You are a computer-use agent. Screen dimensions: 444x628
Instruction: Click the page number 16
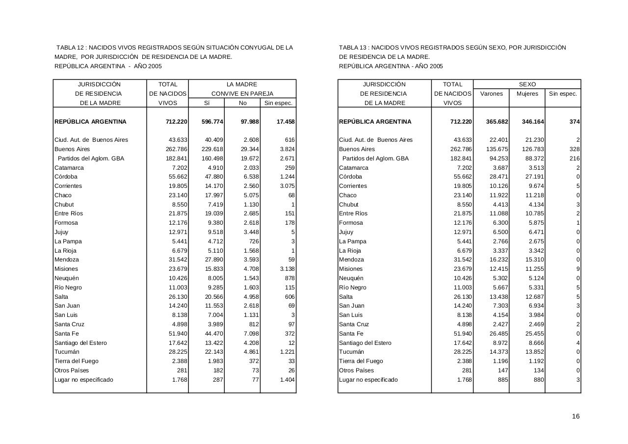point(576,417)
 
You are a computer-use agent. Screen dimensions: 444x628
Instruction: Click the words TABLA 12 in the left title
point(72,48)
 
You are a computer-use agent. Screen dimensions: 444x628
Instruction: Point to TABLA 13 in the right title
point(353,48)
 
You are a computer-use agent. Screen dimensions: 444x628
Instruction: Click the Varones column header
point(491,94)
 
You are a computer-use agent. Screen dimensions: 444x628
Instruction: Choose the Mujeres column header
point(527,94)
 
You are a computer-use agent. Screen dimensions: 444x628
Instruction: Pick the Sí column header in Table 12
point(207,103)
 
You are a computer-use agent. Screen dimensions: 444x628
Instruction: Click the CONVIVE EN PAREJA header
point(242,94)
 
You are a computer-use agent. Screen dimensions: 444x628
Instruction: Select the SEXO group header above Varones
point(527,84)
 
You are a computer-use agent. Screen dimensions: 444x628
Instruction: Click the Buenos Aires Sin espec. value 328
point(575,149)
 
